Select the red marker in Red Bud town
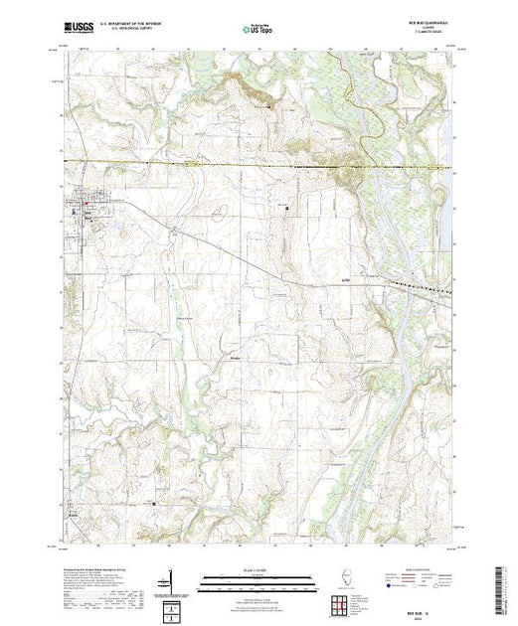(86, 207)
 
